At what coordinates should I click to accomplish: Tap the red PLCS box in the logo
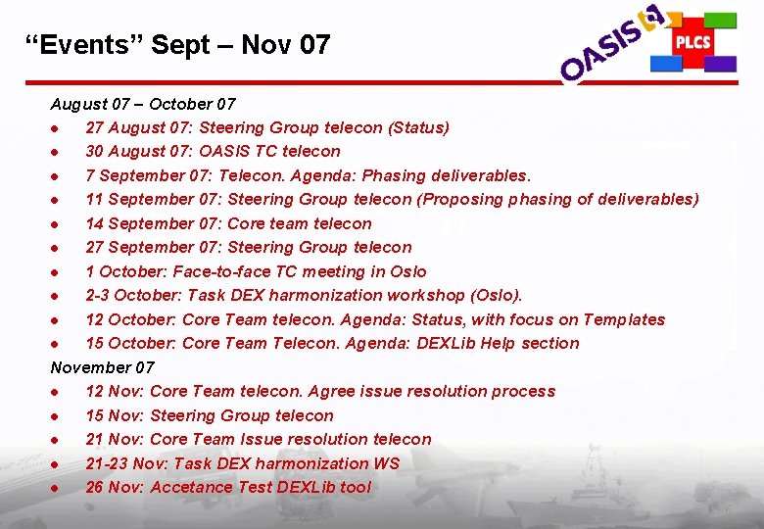[x=692, y=43]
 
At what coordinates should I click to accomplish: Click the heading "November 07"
[x=102, y=367]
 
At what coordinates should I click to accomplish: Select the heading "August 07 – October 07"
[x=143, y=104]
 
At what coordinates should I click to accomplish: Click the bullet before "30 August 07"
[x=61, y=152]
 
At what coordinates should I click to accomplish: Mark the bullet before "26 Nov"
[x=61, y=488]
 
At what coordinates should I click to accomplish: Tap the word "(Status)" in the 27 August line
[x=419, y=127]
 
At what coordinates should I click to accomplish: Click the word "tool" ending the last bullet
[x=356, y=487]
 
